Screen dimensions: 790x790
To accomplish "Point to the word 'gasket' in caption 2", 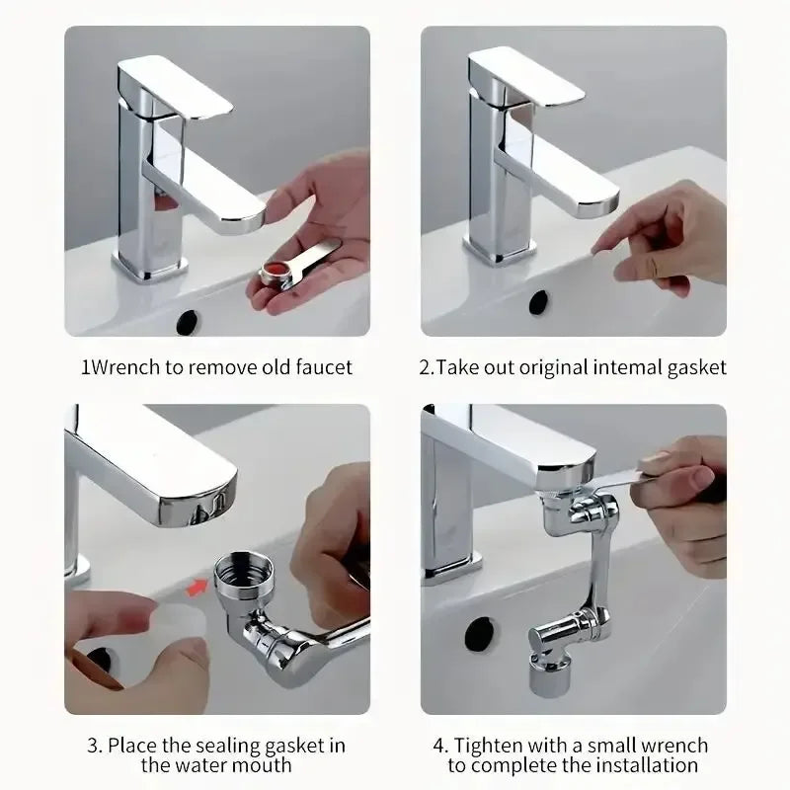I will [696, 367].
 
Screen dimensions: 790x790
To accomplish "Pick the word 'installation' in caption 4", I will [648, 765].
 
